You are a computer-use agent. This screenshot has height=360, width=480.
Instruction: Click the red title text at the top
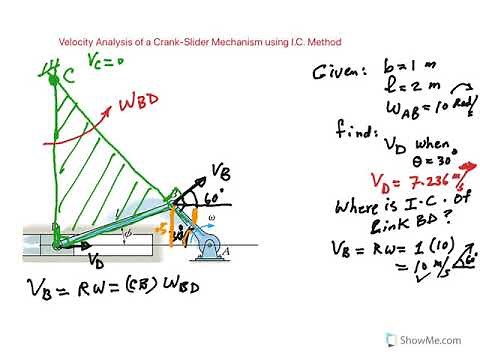[x=200, y=42]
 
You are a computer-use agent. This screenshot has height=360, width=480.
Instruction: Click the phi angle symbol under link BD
[x=124, y=236]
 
